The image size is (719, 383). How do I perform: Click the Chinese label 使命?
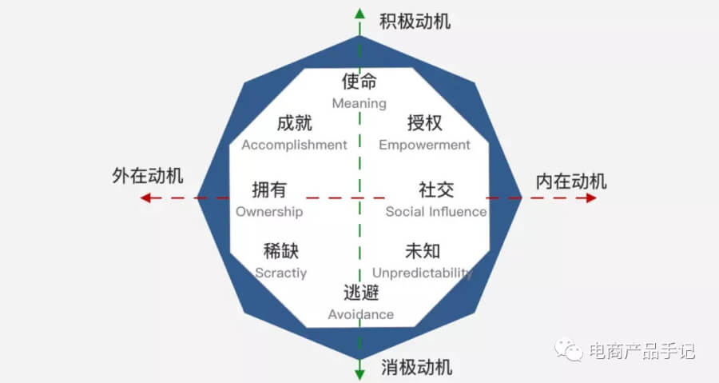pos(359,82)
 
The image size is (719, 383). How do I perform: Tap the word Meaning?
pos(359,103)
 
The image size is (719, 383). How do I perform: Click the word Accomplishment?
pos(294,145)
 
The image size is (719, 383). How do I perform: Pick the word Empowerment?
pos(424,145)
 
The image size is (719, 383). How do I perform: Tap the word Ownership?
pos(269,212)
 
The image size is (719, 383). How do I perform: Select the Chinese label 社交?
pos(436,190)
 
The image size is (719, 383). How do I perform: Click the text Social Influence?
pos(436,212)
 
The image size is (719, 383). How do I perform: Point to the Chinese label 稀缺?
pos(281,251)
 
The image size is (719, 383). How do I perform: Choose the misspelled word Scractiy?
pos(280,273)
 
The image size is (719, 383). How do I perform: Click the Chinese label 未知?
pos(423,251)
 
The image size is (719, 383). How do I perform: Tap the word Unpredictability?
pos(423,273)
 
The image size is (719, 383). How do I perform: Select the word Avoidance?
pos(361,314)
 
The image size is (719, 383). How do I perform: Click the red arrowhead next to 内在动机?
pos(590,197)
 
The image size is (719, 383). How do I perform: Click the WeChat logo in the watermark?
pos(571,349)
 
